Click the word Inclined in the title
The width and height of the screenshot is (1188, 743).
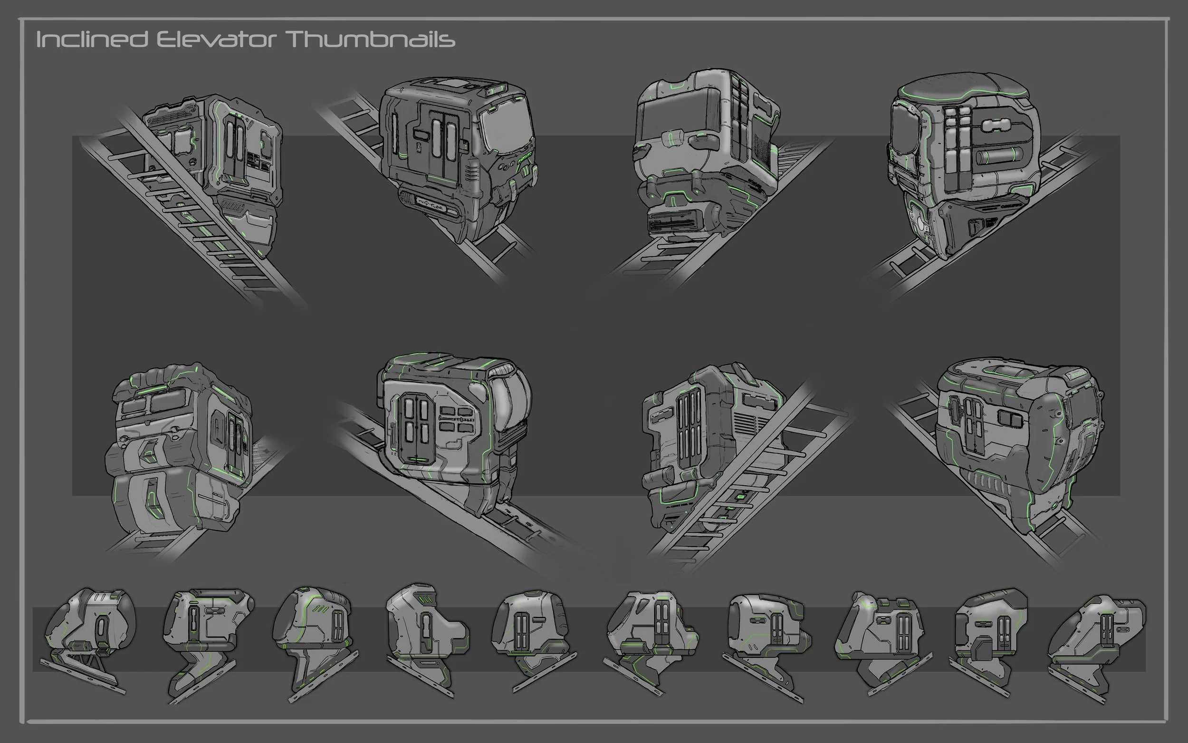pos(92,39)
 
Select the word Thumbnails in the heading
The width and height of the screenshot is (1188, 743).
pos(371,39)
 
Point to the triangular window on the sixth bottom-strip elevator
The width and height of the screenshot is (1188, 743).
pos(624,619)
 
